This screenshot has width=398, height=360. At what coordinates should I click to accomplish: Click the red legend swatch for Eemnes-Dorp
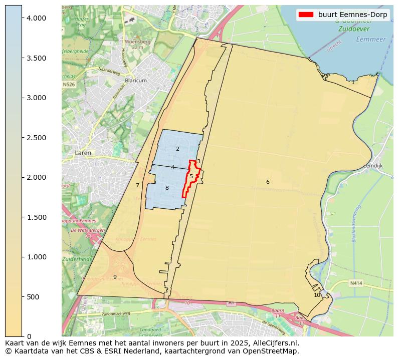[x=305, y=15]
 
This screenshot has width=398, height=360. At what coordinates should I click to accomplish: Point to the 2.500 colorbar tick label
[x=35, y=138]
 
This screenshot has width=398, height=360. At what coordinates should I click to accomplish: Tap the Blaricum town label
[x=136, y=80]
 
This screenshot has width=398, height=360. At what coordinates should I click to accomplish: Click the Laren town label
[x=83, y=153]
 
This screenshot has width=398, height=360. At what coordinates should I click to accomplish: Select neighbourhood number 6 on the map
[x=268, y=182]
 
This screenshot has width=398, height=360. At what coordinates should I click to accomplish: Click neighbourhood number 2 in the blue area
[x=177, y=149]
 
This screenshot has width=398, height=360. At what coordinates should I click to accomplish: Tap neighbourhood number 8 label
[x=167, y=188]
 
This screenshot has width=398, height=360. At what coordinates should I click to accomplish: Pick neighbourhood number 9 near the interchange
[x=115, y=277]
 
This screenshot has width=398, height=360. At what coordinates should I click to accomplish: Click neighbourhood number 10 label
[x=317, y=295]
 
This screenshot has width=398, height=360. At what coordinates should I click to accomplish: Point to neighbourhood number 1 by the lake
[x=353, y=82]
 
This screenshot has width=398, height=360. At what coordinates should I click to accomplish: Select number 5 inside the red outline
[x=191, y=176]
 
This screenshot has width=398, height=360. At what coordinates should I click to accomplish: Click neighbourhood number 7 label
[x=137, y=185]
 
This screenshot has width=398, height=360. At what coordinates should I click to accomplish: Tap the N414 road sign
[x=356, y=283]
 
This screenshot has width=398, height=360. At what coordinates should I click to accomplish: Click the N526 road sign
[x=69, y=85]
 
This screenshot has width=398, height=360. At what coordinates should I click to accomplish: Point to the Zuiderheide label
[x=74, y=259]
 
